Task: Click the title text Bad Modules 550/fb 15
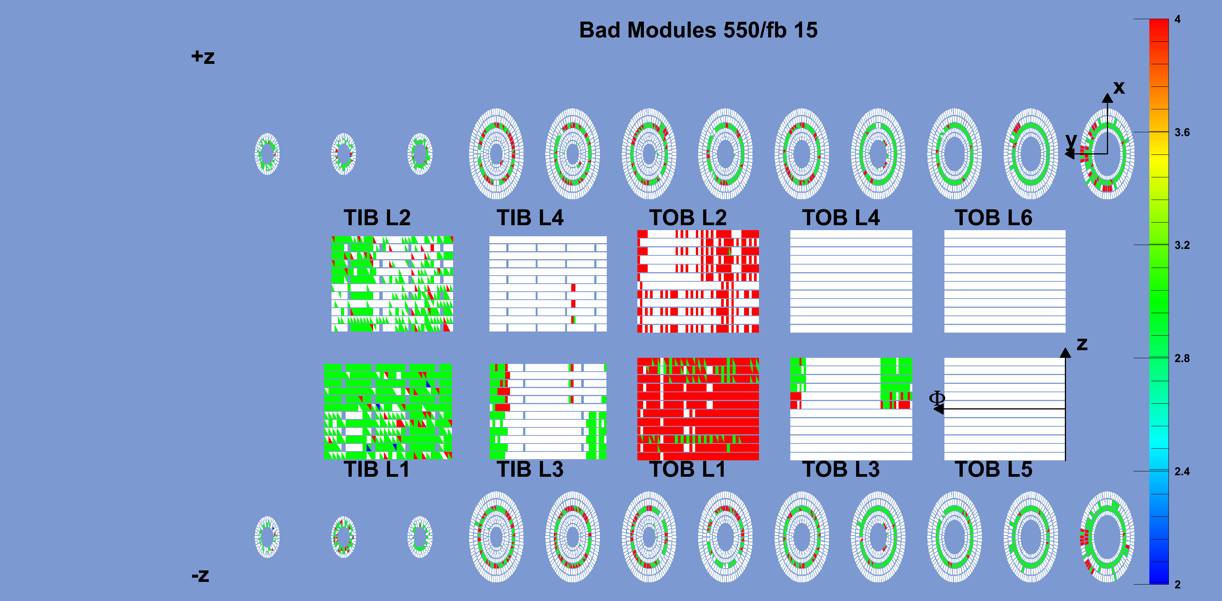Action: pyautogui.click(x=698, y=30)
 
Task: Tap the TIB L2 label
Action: pyautogui.click(x=377, y=218)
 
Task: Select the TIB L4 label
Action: pyautogui.click(x=530, y=218)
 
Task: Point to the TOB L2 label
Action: pyautogui.click(x=688, y=218)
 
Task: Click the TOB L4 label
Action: pyautogui.click(x=840, y=218)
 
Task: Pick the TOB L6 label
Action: pyautogui.click(x=993, y=218)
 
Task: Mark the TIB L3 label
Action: pyautogui.click(x=530, y=469)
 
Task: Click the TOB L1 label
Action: pyautogui.click(x=687, y=469)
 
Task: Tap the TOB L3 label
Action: pyautogui.click(x=840, y=469)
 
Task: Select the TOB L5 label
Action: pyautogui.click(x=993, y=469)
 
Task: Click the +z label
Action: pyautogui.click(x=203, y=57)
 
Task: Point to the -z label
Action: pyautogui.click(x=200, y=575)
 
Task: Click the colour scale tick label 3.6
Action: pyautogui.click(x=1182, y=132)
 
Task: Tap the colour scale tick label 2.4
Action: pyautogui.click(x=1182, y=471)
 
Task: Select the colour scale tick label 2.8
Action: pyautogui.click(x=1182, y=359)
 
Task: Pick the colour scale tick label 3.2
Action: pyautogui.click(x=1182, y=245)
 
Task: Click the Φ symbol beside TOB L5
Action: pyautogui.click(x=937, y=398)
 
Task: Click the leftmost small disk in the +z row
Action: pyautogui.click(x=267, y=154)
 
